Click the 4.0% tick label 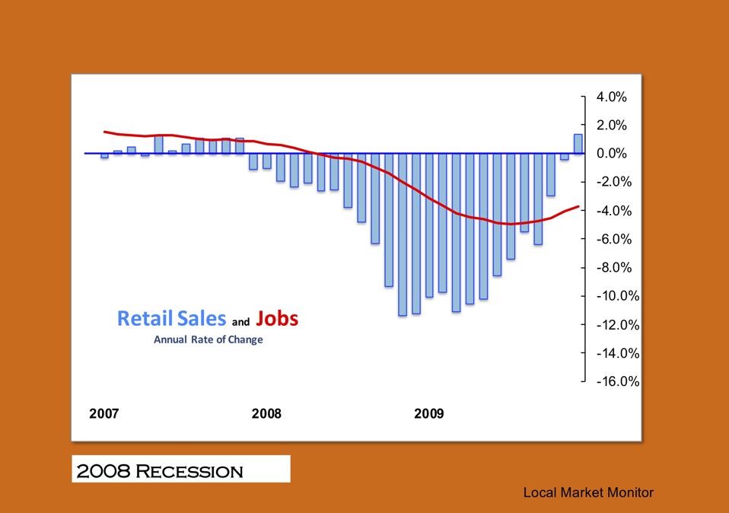click(x=612, y=97)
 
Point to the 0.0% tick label click(x=612, y=153)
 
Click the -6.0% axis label click(x=612, y=239)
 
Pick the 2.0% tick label click(x=612, y=125)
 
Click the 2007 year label click(x=104, y=414)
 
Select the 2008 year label click(x=266, y=414)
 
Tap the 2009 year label click(x=428, y=414)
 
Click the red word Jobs click(x=278, y=318)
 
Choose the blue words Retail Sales click(x=171, y=318)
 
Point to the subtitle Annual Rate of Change click(x=208, y=339)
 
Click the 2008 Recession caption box click(x=181, y=470)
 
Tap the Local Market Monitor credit click(x=588, y=492)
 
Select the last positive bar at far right click(x=578, y=144)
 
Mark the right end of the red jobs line click(x=579, y=206)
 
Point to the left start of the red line click(x=105, y=132)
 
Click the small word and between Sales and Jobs click(x=240, y=322)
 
